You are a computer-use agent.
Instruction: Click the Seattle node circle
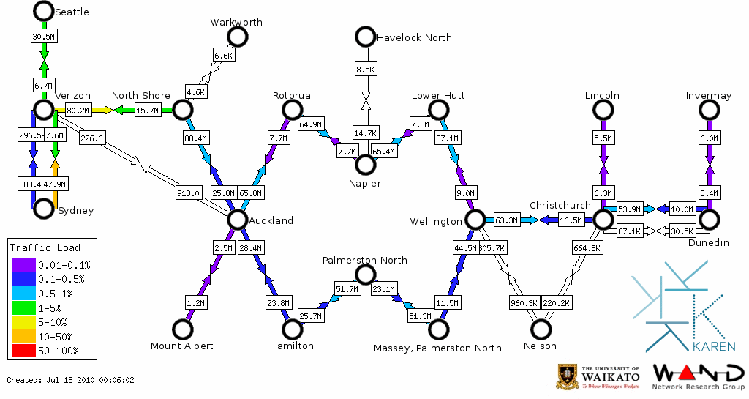[x=44, y=11]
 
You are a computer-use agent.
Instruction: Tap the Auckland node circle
[x=237, y=220]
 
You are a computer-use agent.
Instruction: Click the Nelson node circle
[x=541, y=329]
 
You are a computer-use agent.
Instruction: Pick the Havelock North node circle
[x=365, y=37]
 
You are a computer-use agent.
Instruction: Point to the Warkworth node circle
[x=237, y=37]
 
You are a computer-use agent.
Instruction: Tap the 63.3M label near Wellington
[x=506, y=220]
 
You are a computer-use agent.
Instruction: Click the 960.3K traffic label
[x=524, y=302]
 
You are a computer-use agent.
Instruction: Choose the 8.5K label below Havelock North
[x=365, y=70]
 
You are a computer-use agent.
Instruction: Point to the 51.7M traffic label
[x=347, y=290]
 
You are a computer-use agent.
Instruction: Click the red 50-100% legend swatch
[x=21, y=351]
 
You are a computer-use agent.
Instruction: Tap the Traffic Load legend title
[x=45, y=247]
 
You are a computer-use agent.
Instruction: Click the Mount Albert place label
[x=181, y=346]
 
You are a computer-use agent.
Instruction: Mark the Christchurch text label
[x=559, y=205]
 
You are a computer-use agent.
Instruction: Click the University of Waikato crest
[x=568, y=376]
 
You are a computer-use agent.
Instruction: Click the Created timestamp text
[x=71, y=381]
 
